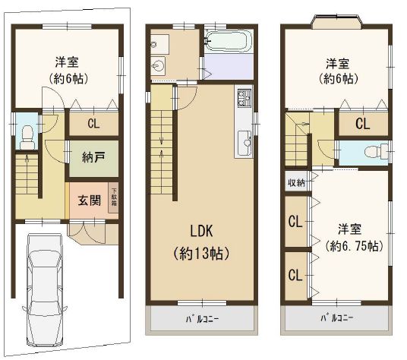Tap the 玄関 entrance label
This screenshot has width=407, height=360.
90,201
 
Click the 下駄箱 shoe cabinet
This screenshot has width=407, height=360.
114,197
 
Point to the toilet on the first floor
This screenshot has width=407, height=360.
27,137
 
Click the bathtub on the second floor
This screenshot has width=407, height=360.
229,40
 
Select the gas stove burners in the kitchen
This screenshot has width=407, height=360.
245,98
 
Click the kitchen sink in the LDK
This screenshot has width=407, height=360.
245,143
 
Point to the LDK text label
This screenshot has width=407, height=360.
201,231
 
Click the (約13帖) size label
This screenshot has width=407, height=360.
201,254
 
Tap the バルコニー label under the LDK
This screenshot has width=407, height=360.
202,319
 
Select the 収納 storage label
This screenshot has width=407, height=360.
296,183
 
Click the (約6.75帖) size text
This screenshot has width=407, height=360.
354,245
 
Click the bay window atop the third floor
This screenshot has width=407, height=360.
336,21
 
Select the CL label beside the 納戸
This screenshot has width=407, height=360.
93,124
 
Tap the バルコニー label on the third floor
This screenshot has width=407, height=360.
336,318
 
